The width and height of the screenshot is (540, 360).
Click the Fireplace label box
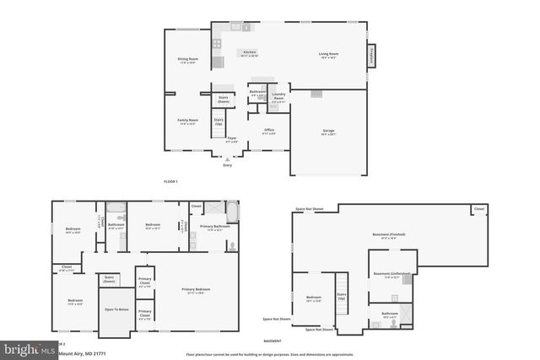pyautogui.click(x=372, y=55)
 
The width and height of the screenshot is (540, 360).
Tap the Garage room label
pyautogui.click(x=328, y=132)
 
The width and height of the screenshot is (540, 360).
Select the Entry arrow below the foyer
pyautogui.click(x=227, y=159)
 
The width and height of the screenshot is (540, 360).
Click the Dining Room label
pyautogui.click(x=186, y=61)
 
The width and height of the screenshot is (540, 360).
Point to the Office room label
pyautogui.click(x=268, y=132)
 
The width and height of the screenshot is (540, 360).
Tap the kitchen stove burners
pyautogui.click(x=217, y=42)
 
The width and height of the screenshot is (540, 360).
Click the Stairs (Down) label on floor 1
pyautogui.click(x=224, y=99)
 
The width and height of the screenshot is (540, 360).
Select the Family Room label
pyautogui.click(x=187, y=121)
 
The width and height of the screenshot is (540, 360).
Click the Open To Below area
pyautogui.click(x=116, y=309)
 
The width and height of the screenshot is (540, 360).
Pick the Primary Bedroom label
pyautogui.click(x=196, y=291)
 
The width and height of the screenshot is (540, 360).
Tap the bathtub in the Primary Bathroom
pyautogui.click(x=231, y=211)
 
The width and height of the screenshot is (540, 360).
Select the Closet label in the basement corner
pyautogui.click(x=478, y=208)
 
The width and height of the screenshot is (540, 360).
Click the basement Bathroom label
pyautogui.click(x=390, y=315)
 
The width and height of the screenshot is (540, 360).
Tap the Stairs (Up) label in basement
pyautogui.click(x=342, y=298)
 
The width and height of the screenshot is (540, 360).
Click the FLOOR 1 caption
pyautogui.click(x=171, y=181)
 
